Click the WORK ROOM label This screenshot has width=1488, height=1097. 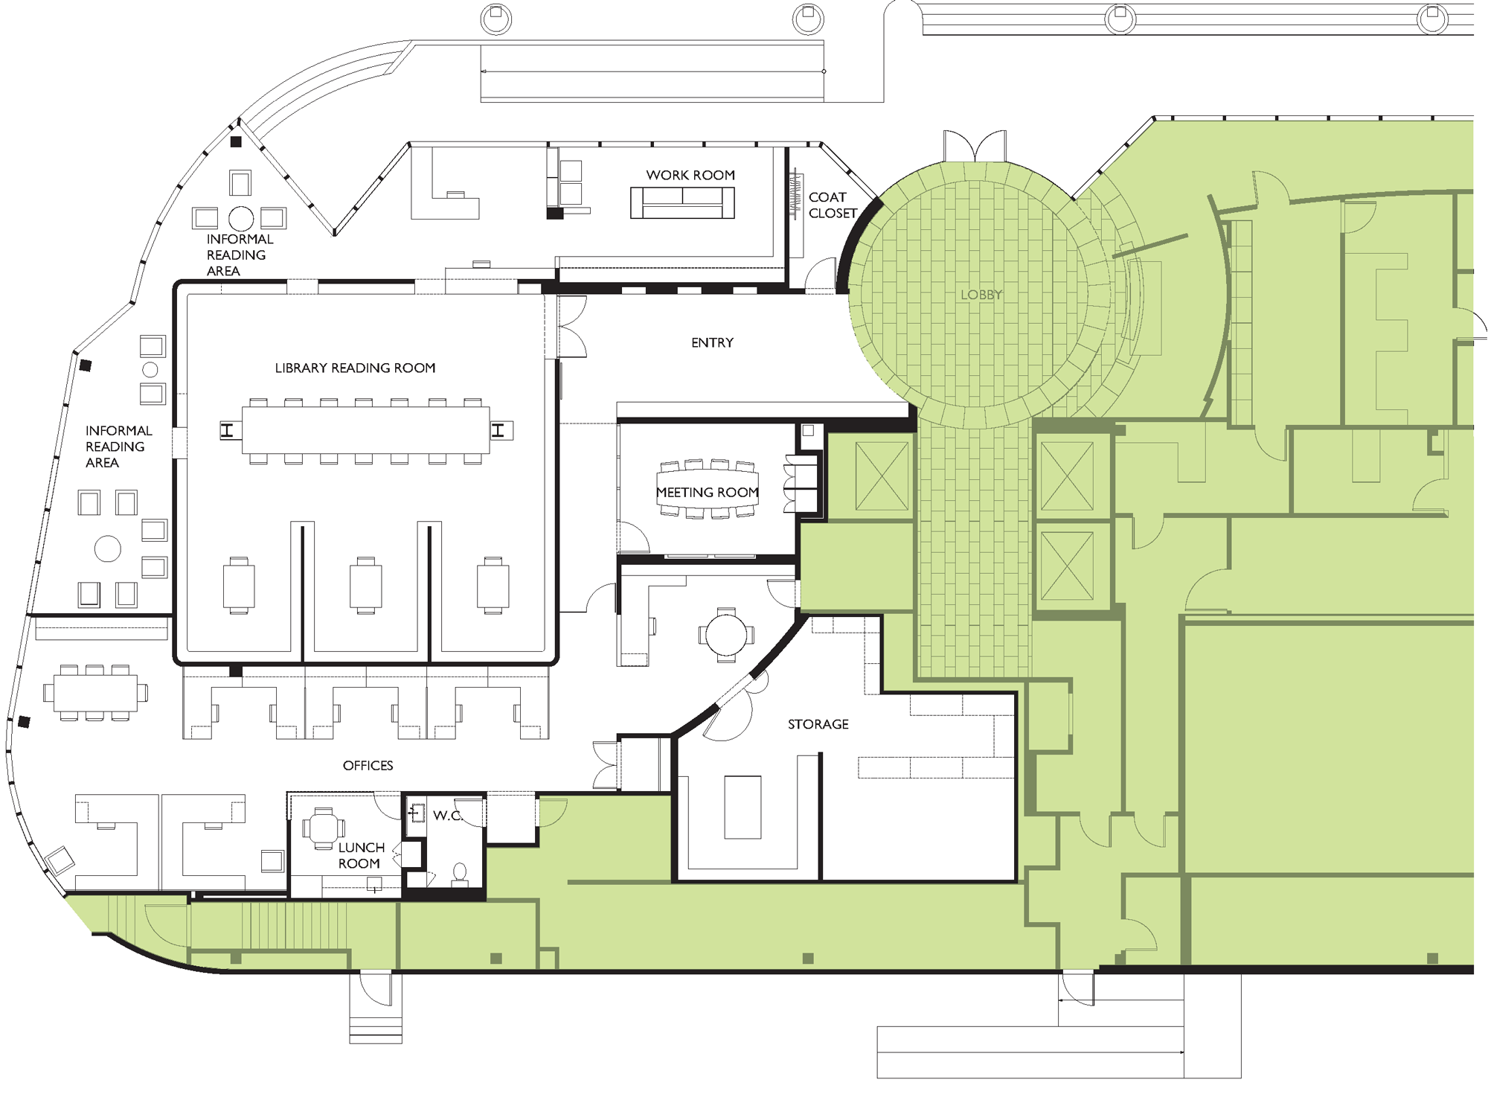click(x=690, y=176)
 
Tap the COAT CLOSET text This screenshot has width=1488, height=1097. click(x=832, y=205)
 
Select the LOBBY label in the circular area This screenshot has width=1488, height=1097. click(x=981, y=295)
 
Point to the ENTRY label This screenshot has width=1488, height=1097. click(x=712, y=343)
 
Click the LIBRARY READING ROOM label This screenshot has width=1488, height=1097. click(x=355, y=368)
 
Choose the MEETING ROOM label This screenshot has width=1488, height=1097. click(x=707, y=493)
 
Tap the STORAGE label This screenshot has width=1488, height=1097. click(x=818, y=724)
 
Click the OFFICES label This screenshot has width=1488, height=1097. click(x=368, y=766)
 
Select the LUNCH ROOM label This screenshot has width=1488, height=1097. click(x=360, y=856)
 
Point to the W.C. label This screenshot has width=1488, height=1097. click(x=447, y=816)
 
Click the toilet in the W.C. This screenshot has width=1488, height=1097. click(x=460, y=873)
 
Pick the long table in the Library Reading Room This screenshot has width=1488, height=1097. click(x=365, y=431)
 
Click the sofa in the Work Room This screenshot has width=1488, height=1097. click(x=682, y=202)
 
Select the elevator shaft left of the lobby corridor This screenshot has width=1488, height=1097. click(x=882, y=477)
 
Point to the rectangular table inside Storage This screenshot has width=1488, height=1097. click(x=743, y=807)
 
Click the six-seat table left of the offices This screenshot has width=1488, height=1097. click(x=94, y=693)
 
